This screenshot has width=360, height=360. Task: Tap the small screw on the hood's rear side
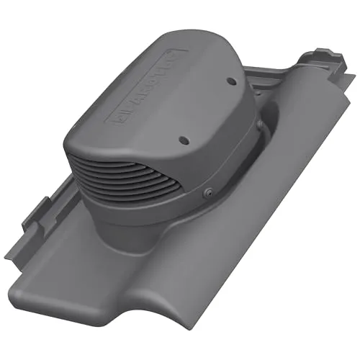pos(256,126)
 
